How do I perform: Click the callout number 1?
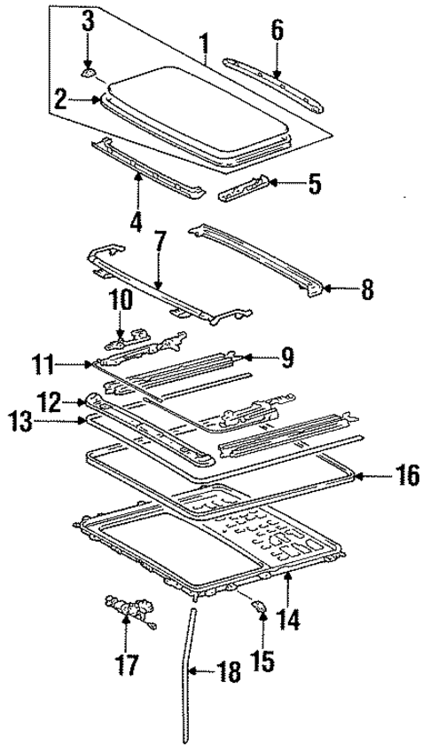[205, 41]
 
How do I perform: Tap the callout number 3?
[89, 22]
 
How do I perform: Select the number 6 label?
[277, 31]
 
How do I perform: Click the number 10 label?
[121, 301]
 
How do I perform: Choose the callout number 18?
[228, 674]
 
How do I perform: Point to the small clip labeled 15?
[259, 606]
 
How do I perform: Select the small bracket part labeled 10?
[124, 335]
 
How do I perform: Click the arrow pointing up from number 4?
[137, 187]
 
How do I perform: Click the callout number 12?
[49, 401]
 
